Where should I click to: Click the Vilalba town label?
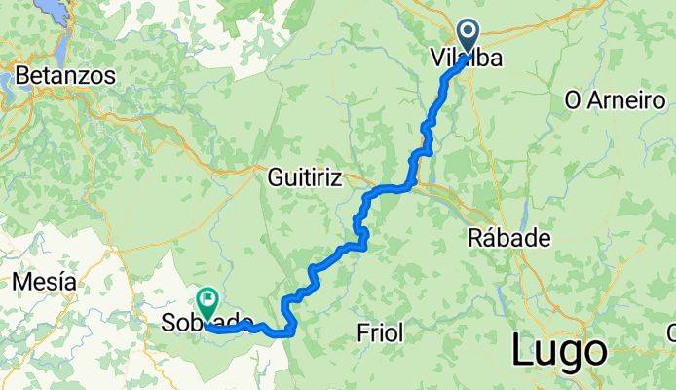[467, 59]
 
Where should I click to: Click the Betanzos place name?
[65, 75]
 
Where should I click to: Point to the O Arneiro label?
[615, 101]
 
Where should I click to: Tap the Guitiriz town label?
[306, 178]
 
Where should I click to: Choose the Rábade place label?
[509, 238]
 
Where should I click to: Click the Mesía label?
[45, 283]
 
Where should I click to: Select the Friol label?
[381, 333]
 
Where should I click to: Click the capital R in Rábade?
[476, 238]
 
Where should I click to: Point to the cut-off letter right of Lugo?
[671, 334]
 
